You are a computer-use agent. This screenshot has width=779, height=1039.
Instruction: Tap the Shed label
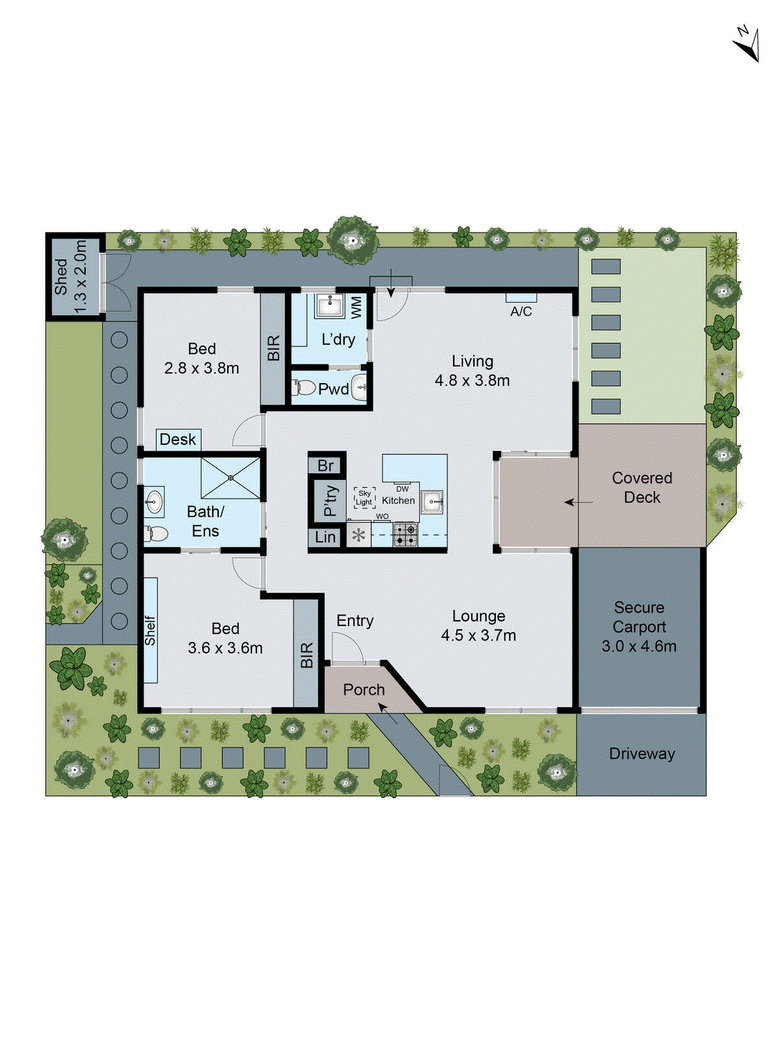(x=62, y=277)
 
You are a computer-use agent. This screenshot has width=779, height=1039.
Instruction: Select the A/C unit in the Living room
(x=521, y=297)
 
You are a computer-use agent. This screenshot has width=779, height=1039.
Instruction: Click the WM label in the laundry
(x=356, y=307)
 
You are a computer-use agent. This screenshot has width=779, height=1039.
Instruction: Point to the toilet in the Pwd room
(x=304, y=388)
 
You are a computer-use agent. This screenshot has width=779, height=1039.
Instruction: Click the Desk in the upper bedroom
(x=178, y=440)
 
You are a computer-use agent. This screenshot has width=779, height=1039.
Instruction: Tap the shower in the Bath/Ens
(x=230, y=478)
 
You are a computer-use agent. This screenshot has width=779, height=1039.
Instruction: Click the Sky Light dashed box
(x=364, y=498)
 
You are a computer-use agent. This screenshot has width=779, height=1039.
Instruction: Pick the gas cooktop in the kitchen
(x=405, y=534)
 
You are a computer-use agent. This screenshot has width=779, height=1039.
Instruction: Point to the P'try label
(x=330, y=501)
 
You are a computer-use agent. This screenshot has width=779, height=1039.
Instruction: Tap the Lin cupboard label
(x=325, y=537)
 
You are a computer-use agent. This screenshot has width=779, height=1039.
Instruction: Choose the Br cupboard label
(x=326, y=466)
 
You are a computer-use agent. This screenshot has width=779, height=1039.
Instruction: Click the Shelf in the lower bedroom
(x=151, y=630)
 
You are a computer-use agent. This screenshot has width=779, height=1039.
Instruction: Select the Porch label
(x=364, y=690)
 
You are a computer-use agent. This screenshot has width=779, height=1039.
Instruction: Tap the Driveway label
(x=641, y=754)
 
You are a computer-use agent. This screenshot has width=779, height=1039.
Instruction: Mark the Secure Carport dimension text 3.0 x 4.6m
(x=639, y=647)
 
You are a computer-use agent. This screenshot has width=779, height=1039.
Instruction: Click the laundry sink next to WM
(x=330, y=305)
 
